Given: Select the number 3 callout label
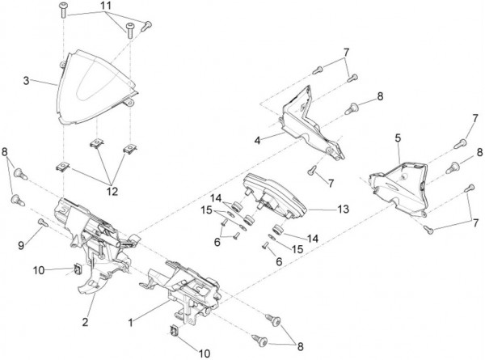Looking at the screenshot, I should pos(27,81).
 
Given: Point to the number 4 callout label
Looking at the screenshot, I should pos(256,140).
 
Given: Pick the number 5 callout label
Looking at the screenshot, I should pos(398,138).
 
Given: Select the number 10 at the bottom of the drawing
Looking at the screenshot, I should pos(204,353).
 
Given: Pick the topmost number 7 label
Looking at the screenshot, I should pos(345,53).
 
